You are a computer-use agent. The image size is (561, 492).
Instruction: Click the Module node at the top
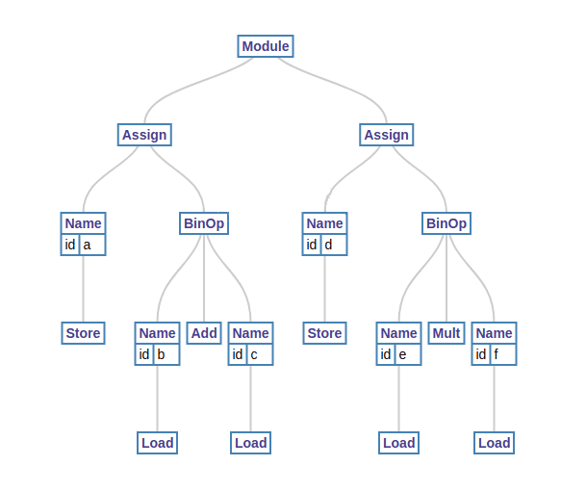point(266,46)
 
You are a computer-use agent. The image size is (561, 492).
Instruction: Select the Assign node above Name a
point(144,135)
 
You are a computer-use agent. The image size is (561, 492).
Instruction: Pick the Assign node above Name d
point(387,135)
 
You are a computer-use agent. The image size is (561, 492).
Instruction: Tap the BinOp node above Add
point(204,223)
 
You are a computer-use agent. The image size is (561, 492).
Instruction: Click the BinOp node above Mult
point(446,223)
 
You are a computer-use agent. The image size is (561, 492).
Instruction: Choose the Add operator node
point(204,333)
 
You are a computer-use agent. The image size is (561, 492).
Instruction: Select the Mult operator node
point(446,333)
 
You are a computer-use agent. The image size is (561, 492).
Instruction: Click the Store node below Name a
point(84,333)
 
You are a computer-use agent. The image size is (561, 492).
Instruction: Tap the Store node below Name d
point(325,333)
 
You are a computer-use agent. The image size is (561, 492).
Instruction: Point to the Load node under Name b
point(158,443)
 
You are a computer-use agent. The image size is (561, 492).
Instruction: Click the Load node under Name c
point(251,443)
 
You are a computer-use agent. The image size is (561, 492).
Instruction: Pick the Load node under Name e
point(399,443)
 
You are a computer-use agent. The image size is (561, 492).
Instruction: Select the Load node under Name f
point(494,443)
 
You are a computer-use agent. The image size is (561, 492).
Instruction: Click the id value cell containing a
point(92,245)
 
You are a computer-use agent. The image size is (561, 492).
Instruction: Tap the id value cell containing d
point(334,245)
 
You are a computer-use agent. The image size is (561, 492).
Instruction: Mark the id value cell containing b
point(166,354)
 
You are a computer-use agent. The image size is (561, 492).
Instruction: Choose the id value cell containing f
point(503,354)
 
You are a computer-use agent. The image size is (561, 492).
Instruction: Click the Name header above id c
point(251,333)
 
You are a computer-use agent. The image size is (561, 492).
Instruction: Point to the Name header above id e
point(399,333)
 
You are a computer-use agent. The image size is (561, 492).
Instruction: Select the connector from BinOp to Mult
point(446,278)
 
